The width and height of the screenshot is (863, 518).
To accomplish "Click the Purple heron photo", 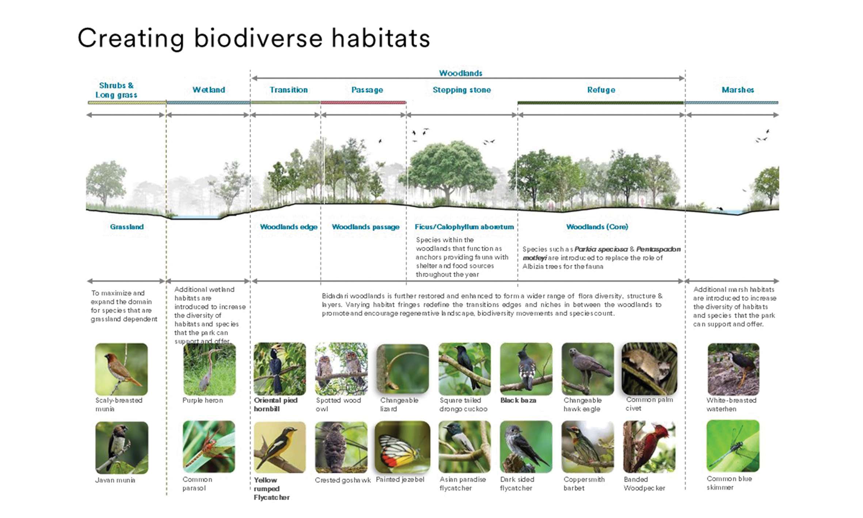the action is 209,369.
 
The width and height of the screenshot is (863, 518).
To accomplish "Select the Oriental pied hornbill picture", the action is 280,368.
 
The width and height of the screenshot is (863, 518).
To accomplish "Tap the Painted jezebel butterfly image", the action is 403,447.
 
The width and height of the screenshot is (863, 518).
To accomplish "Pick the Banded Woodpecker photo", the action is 649,446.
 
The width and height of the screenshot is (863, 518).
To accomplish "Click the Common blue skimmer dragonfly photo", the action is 733,446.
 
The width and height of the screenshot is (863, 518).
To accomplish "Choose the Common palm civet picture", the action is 649,368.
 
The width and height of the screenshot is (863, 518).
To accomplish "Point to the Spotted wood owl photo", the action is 341,368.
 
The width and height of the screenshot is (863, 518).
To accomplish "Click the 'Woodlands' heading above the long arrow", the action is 460,73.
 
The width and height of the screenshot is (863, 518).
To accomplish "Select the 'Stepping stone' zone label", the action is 462,90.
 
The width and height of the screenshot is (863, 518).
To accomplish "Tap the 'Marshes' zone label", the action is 738,90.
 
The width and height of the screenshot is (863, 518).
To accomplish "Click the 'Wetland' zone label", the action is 209,90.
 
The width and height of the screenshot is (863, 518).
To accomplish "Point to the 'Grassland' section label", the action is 127,227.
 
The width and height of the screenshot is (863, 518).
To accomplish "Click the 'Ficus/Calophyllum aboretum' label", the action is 464,227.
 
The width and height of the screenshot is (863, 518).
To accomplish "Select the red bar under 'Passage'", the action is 363,103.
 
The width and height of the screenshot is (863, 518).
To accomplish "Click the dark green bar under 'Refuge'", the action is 601,103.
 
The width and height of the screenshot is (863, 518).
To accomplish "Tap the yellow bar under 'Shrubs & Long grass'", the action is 127,103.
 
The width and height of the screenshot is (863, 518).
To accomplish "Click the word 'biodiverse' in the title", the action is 258,38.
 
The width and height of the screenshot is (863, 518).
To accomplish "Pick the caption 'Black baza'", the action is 518,400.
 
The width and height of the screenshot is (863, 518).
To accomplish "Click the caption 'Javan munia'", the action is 115,480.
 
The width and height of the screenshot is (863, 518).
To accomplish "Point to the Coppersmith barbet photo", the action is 588,446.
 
